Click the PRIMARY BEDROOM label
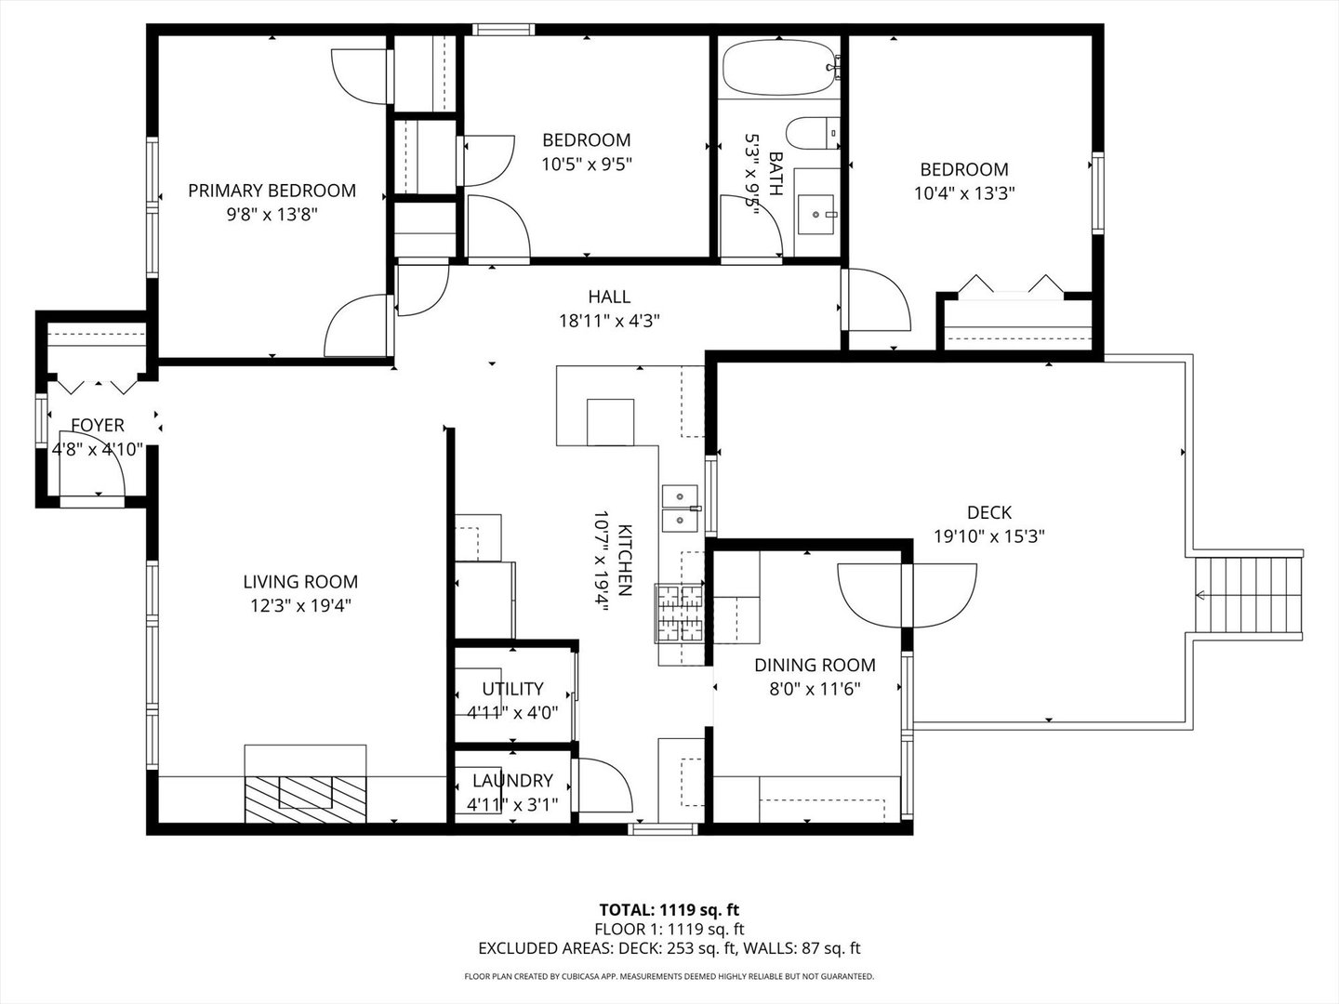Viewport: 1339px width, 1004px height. pos(272,191)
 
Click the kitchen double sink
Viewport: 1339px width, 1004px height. pos(681,508)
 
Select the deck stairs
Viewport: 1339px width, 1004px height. pos(1246,594)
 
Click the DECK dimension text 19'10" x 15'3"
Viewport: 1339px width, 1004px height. pos(989,536)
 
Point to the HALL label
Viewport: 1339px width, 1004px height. pos(609,297)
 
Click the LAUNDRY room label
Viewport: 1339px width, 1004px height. pos(512,781)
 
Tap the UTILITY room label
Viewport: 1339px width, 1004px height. pos(512,689)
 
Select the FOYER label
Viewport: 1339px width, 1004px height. pos(98,425)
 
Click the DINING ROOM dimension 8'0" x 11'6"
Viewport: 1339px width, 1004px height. pos(815,689)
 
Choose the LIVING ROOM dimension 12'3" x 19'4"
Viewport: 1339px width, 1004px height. pos(299,606)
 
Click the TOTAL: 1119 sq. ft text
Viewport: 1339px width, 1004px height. pos(669,909)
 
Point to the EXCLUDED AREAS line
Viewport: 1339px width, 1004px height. pos(669,948)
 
